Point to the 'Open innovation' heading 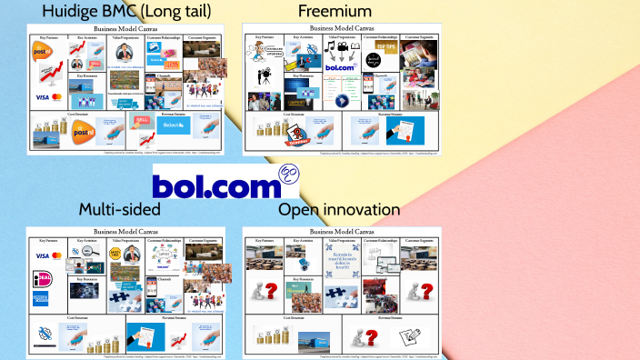click(x=340, y=210)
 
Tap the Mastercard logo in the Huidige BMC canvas click(x=55, y=97)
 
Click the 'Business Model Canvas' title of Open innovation click(x=341, y=232)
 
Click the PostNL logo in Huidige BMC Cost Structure click(x=83, y=134)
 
